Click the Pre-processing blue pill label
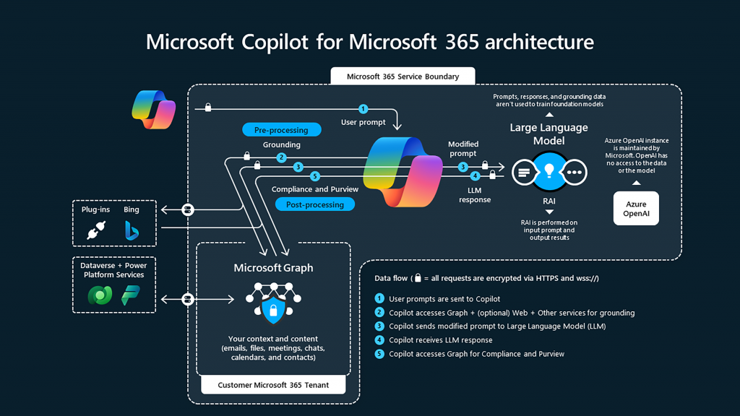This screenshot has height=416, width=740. click(x=281, y=130)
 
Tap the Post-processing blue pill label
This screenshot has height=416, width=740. click(x=315, y=204)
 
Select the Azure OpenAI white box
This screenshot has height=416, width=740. click(x=636, y=209)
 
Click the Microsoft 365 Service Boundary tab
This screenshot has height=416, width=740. click(x=403, y=76)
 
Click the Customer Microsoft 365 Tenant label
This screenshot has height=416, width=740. click(x=273, y=385)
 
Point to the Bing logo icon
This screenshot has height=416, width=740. click(x=132, y=230)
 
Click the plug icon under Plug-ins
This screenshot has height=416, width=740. click(x=96, y=230)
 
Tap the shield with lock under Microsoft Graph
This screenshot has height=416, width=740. click(x=273, y=311)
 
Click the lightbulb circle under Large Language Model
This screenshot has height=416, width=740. click(x=548, y=172)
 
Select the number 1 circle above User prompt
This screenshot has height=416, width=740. click(x=363, y=109)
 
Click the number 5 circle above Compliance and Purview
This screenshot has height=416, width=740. click(x=314, y=176)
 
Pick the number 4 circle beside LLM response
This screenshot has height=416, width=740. click(x=475, y=175)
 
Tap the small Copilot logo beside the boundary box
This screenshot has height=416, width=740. click(x=154, y=110)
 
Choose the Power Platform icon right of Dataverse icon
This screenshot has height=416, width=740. click(x=131, y=295)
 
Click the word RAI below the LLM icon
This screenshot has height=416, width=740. click(x=549, y=201)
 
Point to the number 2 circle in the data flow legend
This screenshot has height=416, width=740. click(x=379, y=313)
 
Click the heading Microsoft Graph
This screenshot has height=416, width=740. click(x=273, y=268)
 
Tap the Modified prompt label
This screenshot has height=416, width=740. click(x=462, y=149)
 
